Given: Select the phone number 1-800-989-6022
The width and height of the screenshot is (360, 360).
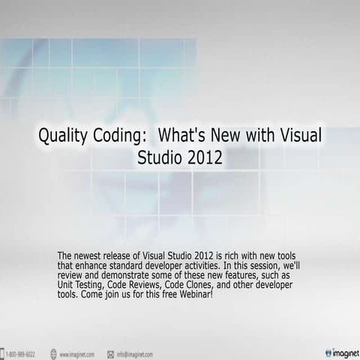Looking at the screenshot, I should pos(22,353).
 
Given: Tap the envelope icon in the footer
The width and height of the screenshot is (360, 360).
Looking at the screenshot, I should pos(110,353).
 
